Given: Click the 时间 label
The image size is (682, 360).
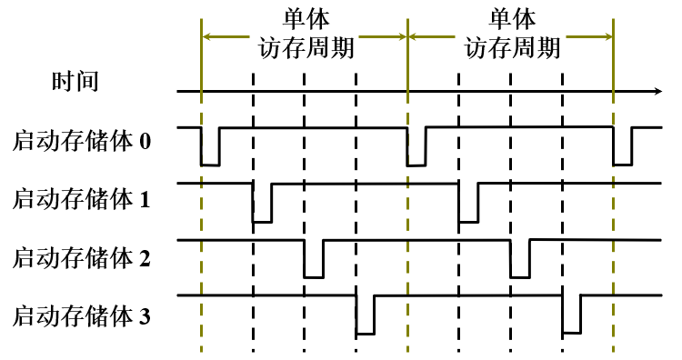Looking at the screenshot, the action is click(75, 82).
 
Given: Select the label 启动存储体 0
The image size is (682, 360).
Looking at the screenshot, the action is click(83, 143).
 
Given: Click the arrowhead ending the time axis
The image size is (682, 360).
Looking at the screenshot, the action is click(657, 91).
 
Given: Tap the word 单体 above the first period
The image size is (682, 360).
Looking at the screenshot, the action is click(305, 18).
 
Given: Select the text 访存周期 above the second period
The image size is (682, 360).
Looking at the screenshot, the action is click(512, 47).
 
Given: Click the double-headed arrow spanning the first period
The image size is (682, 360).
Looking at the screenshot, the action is click(227, 37).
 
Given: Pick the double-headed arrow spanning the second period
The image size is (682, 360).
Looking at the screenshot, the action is click(436, 37).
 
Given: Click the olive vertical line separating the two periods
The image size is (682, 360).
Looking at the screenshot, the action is click(407, 227).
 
